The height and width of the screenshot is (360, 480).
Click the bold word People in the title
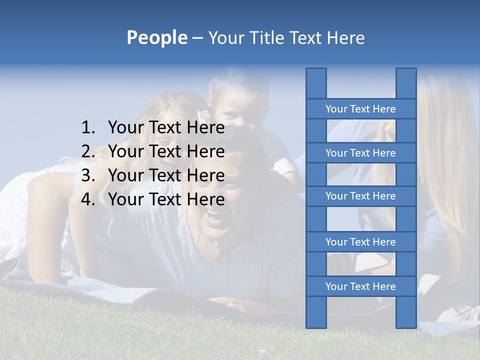(x=157, y=37)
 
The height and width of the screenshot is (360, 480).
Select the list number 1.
(x=88, y=128)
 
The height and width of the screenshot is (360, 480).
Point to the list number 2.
(x=88, y=151)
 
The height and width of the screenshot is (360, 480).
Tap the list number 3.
(x=88, y=175)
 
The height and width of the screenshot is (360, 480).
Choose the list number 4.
(x=88, y=199)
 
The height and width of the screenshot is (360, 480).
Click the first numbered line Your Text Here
(x=166, y=128)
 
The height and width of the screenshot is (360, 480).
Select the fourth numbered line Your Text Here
(x=166, y=199)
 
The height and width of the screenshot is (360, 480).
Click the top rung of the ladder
(x=360, y=109)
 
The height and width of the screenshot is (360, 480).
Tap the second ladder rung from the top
(x=360, y=153)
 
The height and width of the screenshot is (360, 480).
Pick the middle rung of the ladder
(x=360, y=196)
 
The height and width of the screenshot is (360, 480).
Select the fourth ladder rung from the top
(x=360, y=242)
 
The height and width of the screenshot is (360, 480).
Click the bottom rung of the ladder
(x=360, y=286)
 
